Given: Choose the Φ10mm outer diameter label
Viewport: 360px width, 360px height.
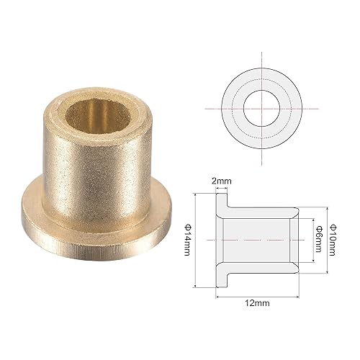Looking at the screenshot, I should pos(333,237).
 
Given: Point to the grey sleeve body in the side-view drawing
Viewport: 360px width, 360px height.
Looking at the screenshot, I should pos(259,238).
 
